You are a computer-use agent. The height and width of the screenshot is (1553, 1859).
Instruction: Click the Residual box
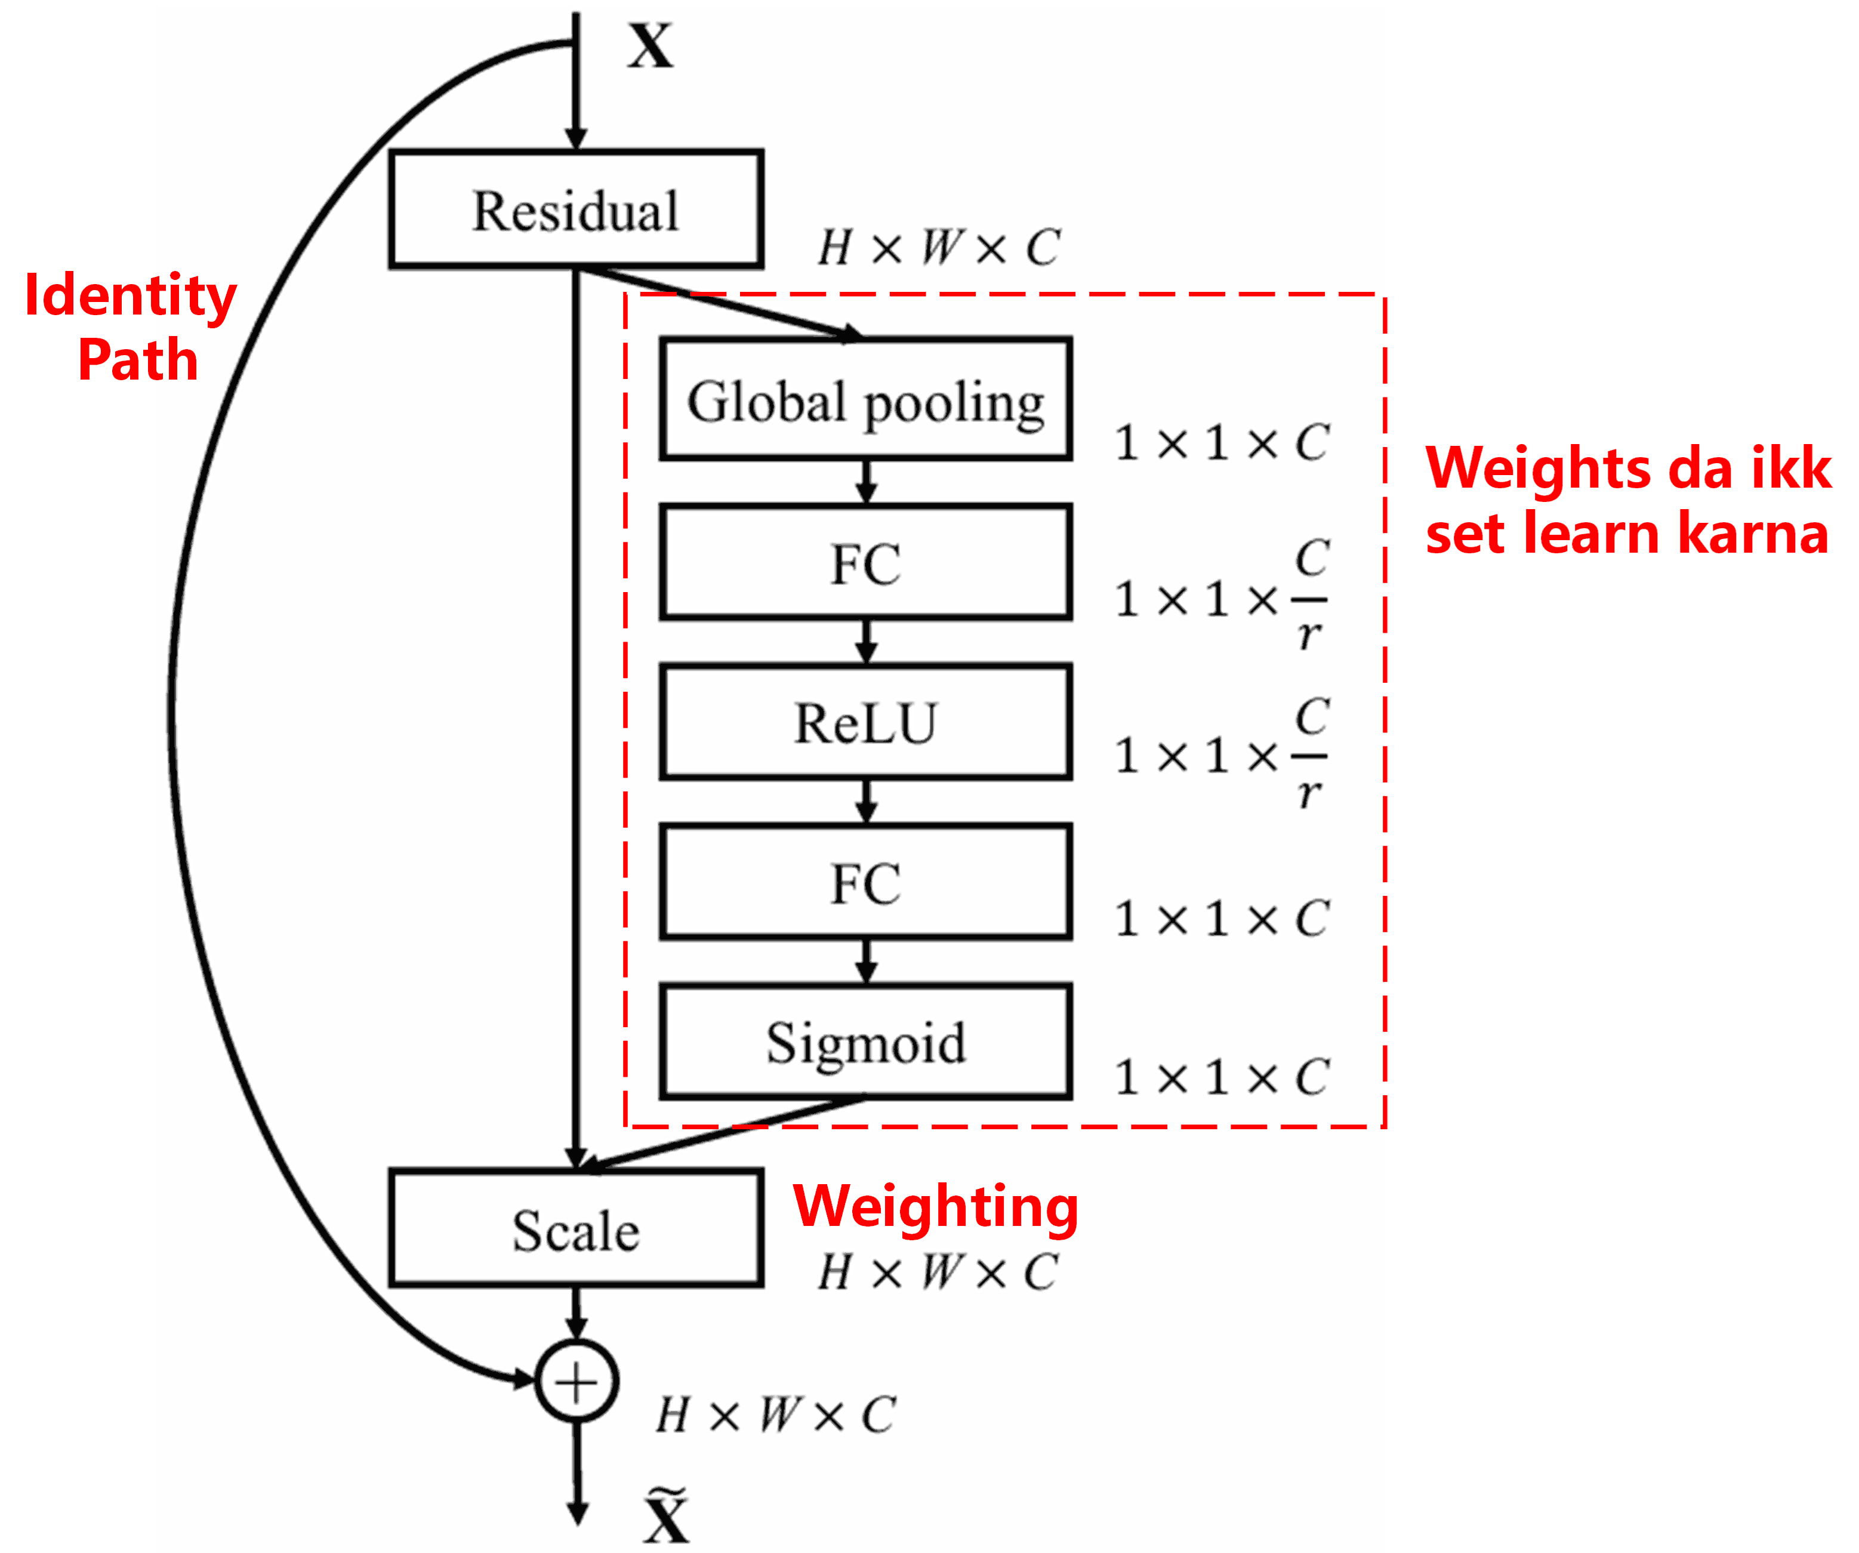click(575, 210)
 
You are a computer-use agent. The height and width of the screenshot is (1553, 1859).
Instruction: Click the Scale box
click(575, 1229)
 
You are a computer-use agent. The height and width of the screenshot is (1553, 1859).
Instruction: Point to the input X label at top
click(651, 46)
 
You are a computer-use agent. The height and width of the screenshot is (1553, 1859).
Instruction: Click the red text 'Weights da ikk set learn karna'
click(1627, 500)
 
